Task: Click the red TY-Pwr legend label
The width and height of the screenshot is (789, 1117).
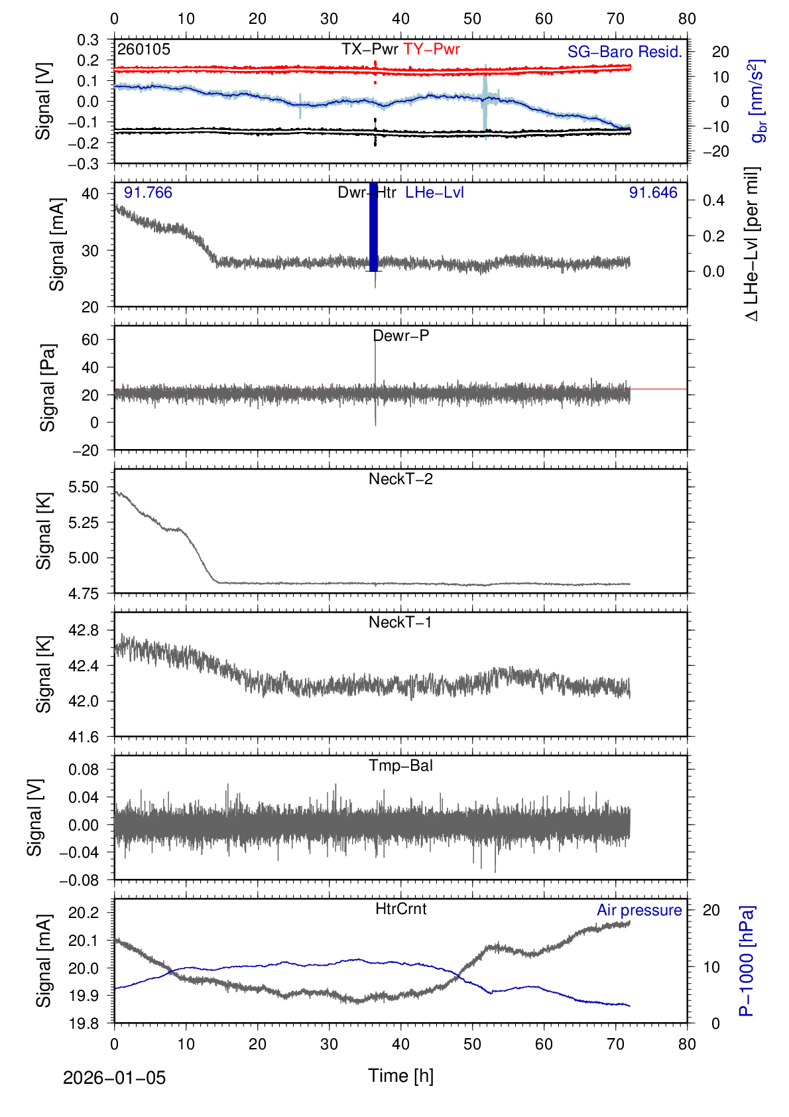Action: tap(431, 49)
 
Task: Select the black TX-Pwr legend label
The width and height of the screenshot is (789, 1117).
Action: tap(369, 49)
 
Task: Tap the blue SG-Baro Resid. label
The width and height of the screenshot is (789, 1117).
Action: tap(625, 52)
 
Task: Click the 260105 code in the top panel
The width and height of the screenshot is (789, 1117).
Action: tap(144, 49)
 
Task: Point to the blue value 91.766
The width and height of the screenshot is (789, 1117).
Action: tap(148, 193)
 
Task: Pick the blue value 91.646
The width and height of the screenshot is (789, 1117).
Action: tap(653, 193)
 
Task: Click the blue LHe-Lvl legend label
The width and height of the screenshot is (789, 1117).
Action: tap(434, 193)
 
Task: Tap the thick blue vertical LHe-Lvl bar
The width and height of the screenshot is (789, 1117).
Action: tap(373, 226)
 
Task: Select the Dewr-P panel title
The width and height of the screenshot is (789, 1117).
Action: tap(401, 336)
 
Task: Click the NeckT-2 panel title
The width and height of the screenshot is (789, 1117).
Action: tap(400, 479)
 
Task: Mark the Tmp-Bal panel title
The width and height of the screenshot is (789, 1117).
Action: tap(400, 765)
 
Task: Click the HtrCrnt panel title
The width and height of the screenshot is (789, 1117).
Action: tap(400, 909)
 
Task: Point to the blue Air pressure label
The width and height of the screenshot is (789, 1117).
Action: tap(639, 910)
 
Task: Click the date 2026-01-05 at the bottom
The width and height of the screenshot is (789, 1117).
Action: tap(114, 1078)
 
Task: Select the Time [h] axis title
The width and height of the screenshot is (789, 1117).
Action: tap(400, 1075)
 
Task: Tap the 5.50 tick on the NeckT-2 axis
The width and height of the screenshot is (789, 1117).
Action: tap(84, 487)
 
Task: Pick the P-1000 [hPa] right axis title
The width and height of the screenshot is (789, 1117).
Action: tap(747, 960)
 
